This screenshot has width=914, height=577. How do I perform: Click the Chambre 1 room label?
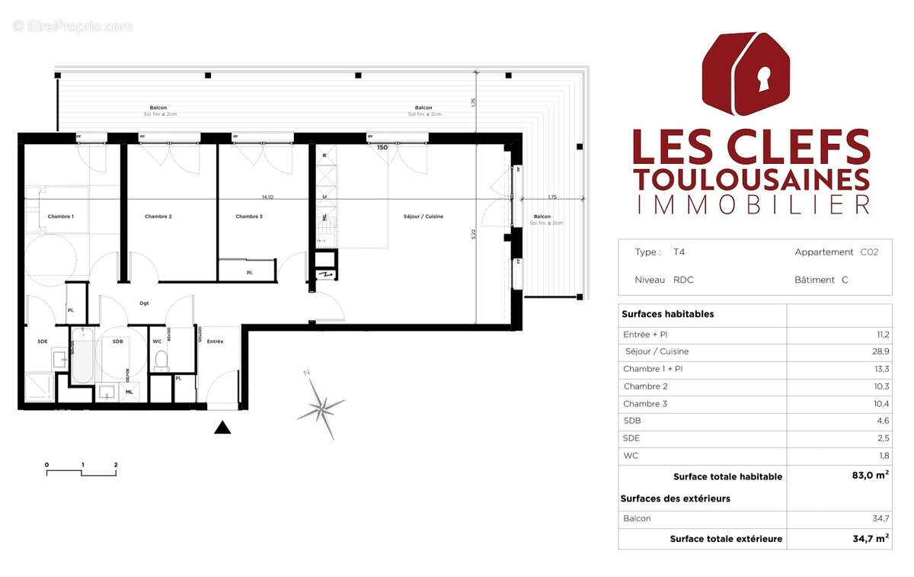point(61,216)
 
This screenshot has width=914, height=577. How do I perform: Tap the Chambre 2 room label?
point(158,216)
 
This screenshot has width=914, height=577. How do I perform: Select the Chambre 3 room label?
point(249,216)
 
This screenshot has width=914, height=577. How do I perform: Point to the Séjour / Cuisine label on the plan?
point(423,216)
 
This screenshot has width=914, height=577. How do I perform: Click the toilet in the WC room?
point(160,361)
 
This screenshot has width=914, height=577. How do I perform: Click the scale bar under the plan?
point(81,473)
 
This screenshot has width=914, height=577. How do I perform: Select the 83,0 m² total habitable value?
point(869,476)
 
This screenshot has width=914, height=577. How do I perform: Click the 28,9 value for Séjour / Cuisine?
point(880,351)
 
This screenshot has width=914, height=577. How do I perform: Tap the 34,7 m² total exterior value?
point(869,538)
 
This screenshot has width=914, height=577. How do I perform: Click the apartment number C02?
point(869,252)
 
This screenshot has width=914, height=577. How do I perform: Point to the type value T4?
point(679,252)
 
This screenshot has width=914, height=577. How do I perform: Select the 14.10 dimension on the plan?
point(267,197)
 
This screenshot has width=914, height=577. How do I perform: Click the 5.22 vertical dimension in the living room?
point(473,235)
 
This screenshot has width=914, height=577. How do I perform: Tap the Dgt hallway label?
point(144,303)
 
